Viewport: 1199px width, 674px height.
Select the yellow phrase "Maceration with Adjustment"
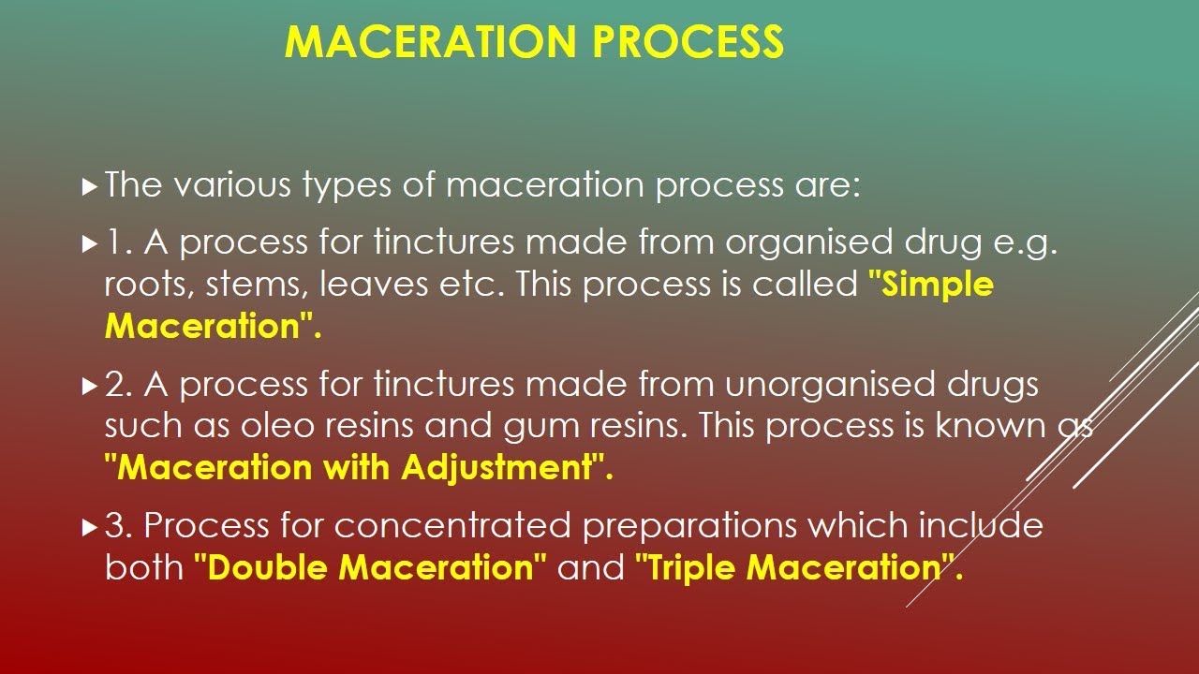[x=359, y=467]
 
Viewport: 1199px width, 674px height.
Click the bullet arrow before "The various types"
[x=89, y=187]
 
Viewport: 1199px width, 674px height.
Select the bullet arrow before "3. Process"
[x=89, y=528]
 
